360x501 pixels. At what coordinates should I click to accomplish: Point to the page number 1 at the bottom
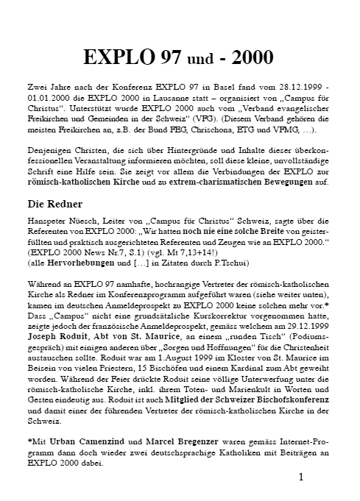(303, 477)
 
